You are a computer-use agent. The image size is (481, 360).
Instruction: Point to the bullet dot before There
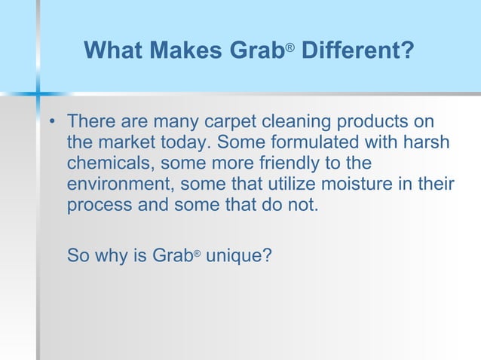[52, 122]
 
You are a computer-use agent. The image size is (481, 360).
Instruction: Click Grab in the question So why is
[173, 255]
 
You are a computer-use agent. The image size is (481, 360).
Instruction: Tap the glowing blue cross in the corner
[37, 94]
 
